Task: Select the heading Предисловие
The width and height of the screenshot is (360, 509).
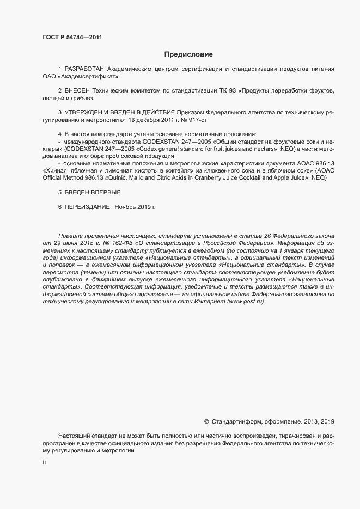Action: (188, 54)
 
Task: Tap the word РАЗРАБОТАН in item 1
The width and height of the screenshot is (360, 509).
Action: (84, 69)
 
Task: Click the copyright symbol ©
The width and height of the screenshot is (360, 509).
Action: (206, 421)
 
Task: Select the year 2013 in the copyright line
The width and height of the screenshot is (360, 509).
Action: (309, 421)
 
